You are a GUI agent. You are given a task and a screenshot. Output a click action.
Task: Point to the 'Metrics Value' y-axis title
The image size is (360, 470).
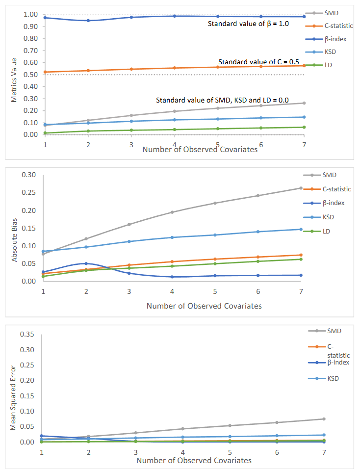[14, 80]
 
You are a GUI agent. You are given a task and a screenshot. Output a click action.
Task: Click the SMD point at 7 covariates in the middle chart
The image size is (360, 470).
[301, 188]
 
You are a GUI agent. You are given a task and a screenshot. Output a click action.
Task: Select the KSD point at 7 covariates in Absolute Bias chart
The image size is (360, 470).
[301, 229]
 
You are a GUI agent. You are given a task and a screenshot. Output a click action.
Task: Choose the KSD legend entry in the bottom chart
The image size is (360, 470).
[334, 378]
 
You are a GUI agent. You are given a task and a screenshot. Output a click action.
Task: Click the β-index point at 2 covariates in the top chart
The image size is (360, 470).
[88, 21]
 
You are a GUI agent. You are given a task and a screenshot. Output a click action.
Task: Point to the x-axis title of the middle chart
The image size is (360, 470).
[204, 306]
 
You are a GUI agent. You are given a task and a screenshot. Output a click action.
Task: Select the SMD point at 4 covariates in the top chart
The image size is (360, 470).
[175, 111]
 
